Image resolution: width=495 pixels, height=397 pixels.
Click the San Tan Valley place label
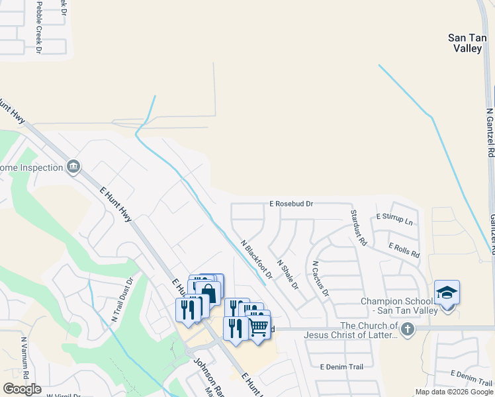467,43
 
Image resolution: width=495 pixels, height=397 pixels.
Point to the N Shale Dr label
288,275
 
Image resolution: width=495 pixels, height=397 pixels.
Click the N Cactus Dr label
320,278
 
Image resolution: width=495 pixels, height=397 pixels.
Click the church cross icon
408,329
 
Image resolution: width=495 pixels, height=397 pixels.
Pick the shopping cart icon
259,326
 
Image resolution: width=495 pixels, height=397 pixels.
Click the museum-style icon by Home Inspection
73,167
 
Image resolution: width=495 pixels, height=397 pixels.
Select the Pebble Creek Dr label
38,26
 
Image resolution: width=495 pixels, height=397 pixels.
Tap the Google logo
22,389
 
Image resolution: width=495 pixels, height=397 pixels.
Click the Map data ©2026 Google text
453,392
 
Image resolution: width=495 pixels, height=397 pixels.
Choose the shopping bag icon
208,292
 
